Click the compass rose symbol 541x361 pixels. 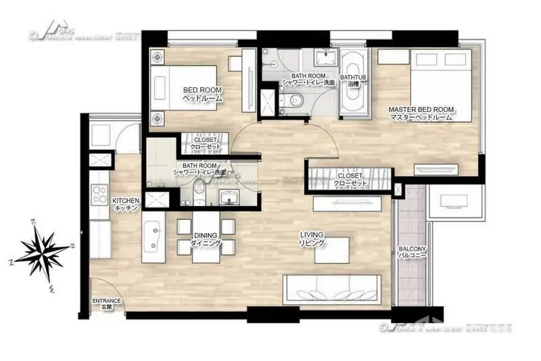click(42, 254)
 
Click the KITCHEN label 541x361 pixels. click(126, 205)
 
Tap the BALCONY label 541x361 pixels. click(411, 253)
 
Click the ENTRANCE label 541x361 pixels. click(106, 303)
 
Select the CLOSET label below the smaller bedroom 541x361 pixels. click(202, 144)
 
